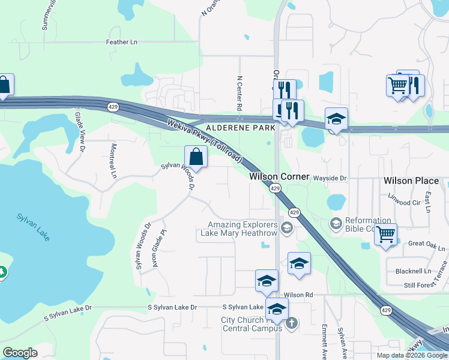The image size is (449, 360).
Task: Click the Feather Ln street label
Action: tap(121, 42)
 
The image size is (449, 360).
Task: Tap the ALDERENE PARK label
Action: tap(240, 128)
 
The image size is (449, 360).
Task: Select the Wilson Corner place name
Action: tap(279, 177)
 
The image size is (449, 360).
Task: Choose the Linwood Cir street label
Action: tap(403, 203)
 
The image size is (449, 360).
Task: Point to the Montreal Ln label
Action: tap(113, 161)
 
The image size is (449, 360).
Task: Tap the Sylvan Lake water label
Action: tap(33, 227)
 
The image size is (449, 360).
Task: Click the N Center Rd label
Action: tap(239, 93)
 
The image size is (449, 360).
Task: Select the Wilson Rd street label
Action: tap(299, 295)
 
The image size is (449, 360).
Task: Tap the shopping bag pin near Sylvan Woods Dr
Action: tap(196, 157)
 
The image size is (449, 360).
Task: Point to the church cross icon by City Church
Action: tap(292, 324)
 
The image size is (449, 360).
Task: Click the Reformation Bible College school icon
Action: tap(336, 224)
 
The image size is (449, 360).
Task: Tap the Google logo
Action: tap(20, 353)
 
